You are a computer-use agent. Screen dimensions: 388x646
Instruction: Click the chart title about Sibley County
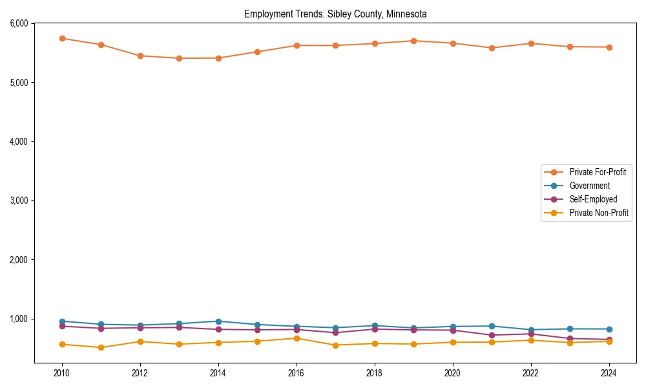(335, 14)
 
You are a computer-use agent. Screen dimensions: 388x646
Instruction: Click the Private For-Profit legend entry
(592, 172)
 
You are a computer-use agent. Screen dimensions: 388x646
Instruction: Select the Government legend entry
(589, 186)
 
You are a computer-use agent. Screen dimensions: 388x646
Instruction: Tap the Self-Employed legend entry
(593, 199)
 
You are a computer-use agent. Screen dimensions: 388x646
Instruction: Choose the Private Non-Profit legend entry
(599, 213)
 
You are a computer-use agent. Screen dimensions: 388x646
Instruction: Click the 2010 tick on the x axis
(62, 373)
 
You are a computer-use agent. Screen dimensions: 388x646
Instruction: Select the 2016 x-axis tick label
(297, 373)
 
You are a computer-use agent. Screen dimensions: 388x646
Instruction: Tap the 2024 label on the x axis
(609, 373)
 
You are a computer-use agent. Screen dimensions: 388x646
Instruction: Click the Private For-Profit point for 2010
(62, 38)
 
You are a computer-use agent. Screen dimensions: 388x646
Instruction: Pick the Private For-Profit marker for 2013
(179, 58)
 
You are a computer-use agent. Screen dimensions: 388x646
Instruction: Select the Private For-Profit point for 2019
(413, 41)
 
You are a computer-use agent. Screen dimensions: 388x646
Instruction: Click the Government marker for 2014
(218, 321)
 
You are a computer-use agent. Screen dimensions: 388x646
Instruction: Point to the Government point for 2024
(609, 329)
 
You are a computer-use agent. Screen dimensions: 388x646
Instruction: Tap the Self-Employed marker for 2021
(492, 335)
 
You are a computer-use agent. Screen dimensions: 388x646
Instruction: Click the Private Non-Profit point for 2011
(101, 347)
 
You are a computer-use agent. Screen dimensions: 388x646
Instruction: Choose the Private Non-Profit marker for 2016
(297, 338)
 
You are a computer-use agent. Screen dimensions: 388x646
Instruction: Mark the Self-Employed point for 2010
(62, 326)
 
